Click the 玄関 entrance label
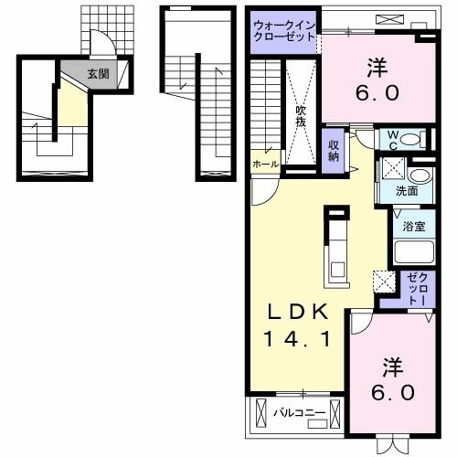98,74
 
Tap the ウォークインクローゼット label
284,31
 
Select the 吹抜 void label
301,116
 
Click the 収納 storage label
334,151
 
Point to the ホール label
266,165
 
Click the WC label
393,140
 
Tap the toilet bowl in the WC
410,140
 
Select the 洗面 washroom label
407,191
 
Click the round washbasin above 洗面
420,175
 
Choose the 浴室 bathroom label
414,226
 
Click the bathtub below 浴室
414,252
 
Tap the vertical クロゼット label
419,289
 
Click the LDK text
298,313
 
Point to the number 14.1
297,339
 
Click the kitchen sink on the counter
338,269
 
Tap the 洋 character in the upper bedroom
377,68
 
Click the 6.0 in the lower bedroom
393,392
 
